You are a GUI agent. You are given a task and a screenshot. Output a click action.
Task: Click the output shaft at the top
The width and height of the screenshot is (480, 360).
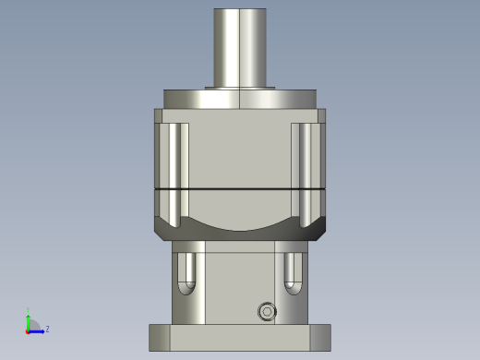click(x=240, y=46)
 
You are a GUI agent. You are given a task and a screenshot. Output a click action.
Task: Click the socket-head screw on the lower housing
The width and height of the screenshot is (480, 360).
click(x=267, y=311)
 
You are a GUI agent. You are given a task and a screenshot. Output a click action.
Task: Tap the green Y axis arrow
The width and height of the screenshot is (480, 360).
click(x=29, y=319)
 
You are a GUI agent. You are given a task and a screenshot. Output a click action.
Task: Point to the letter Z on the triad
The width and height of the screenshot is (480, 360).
click(x=47, y=329)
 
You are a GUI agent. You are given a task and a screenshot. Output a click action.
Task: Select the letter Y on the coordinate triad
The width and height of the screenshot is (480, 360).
click(x=29, y=310)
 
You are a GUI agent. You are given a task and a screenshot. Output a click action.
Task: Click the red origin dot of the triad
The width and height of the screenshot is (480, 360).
click(x=29, y=330)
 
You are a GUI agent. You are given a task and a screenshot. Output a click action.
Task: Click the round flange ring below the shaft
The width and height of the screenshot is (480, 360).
click(x=240, y=99)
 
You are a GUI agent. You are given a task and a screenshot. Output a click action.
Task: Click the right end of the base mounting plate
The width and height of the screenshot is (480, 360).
click(x=320, y=337)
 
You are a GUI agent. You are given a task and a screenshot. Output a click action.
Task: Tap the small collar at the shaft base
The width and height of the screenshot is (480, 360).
click(x=240, y=88)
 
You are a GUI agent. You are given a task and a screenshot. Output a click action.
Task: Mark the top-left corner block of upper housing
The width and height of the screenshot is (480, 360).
click(x=158, y=115)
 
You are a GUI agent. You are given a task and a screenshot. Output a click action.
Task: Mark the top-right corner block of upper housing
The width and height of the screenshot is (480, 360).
click(x=321, y=115)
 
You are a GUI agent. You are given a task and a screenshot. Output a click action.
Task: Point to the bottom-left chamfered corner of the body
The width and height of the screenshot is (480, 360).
click(x=162, y=231)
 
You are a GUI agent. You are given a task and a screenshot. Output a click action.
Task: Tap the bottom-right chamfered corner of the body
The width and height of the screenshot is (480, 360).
click(x=318, y=231)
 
